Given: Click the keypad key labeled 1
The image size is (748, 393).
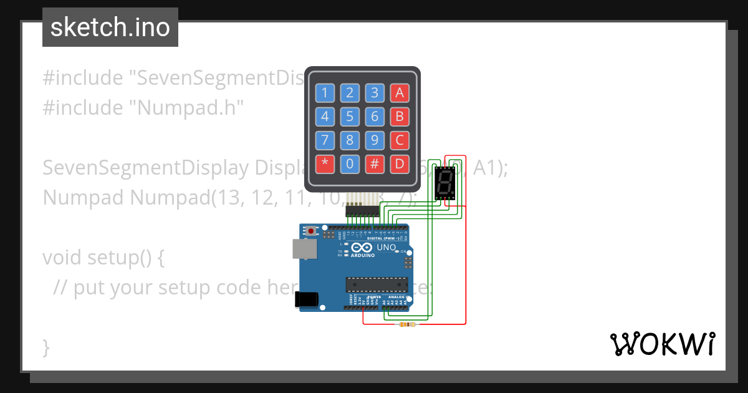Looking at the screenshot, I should tap(325, 93).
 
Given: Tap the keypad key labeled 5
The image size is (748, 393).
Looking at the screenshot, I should tap(350, 117).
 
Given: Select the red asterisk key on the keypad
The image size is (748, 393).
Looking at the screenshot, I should tap(325, 164).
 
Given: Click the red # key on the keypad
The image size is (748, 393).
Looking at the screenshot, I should tap(375, 164).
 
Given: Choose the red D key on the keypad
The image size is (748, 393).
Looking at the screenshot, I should tap(400, 164).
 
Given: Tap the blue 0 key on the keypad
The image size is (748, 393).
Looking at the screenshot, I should tap(350, 164).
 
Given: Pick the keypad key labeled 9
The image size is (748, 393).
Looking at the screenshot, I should tap(375, 140).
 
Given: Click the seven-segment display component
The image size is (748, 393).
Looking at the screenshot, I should tap(445, 183).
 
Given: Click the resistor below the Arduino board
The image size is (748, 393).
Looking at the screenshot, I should tap(408, 324).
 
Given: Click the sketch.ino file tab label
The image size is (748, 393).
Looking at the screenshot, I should tap(110, 27).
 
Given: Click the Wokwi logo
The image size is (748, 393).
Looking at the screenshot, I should tap(662, 344).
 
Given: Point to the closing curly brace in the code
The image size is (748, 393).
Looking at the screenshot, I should tap(46, 346).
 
